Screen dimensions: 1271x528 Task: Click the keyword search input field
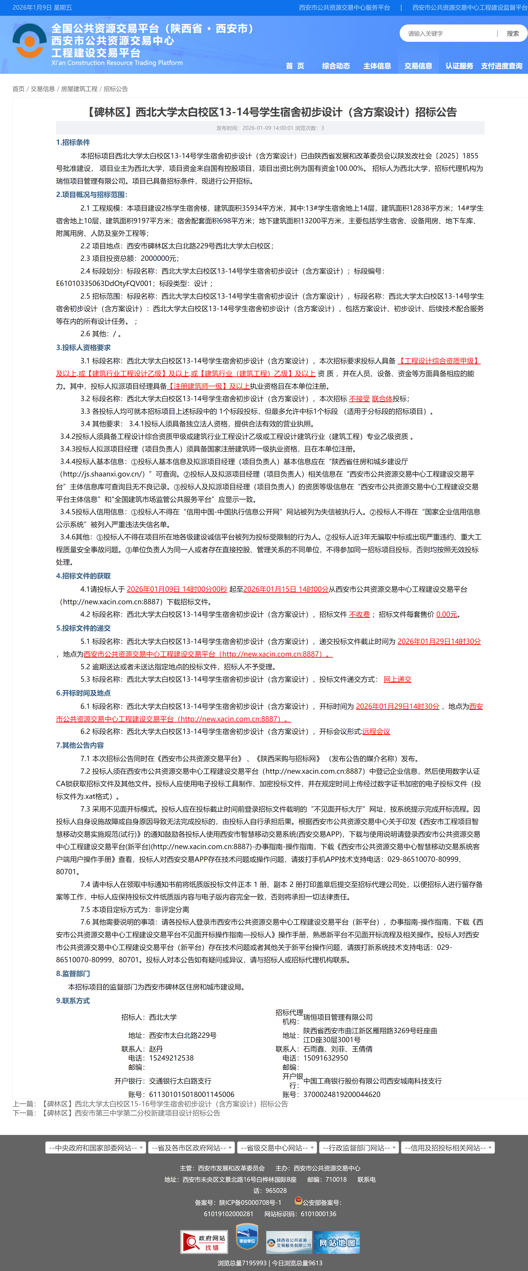point(449,34)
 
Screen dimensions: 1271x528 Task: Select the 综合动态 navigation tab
point(336,66)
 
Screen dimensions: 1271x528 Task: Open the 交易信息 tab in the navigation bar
point(418,66)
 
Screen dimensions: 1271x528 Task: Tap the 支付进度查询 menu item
point(501,66)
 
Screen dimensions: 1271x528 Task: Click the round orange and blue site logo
point(30,41)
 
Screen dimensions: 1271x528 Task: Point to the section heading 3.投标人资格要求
point(83,347)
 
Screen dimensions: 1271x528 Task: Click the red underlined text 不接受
point(359,399)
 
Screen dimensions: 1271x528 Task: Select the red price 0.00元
point(447,614)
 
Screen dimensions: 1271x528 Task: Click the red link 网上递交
point(397,679)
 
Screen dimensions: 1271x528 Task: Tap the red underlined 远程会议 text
point(376,732)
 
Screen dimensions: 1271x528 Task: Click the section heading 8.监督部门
point(73,974)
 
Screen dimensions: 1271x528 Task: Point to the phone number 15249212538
point(171,1058)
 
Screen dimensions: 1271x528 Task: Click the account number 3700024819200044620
point(342,1094)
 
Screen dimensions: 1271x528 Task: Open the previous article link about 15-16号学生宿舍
point(165,1104)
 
